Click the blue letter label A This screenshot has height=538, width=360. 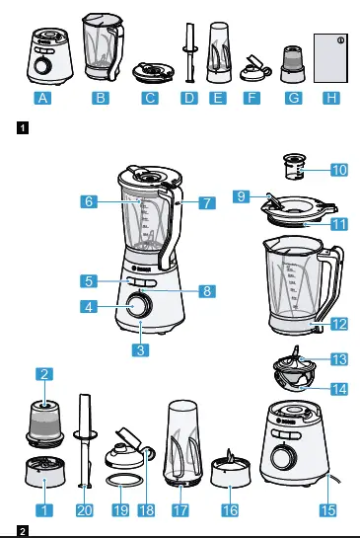tap(40, 99)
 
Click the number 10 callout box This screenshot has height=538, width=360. tap(339, 171)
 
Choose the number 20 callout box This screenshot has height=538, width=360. tap(83, 510)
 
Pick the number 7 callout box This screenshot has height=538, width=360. tap(205, 203)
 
